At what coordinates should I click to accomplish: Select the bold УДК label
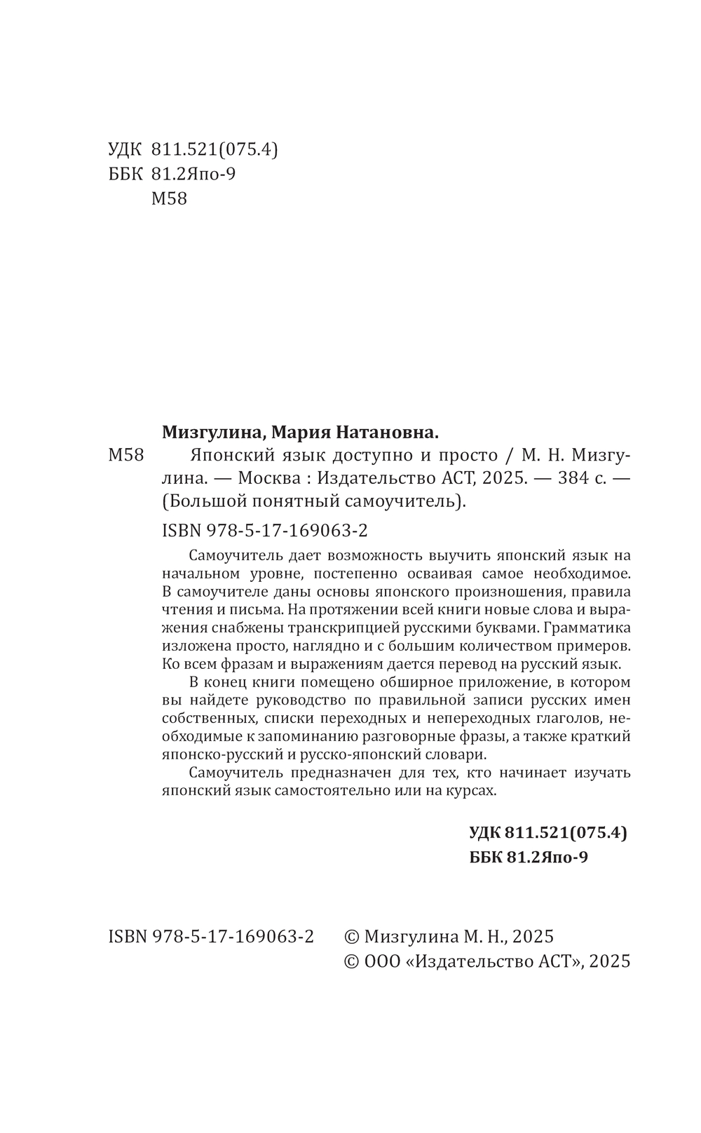click(484, 833)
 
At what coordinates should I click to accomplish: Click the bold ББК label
click(484, 857)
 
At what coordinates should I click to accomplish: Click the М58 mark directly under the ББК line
click(170, 198)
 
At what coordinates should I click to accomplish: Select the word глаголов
click(566, 719)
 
